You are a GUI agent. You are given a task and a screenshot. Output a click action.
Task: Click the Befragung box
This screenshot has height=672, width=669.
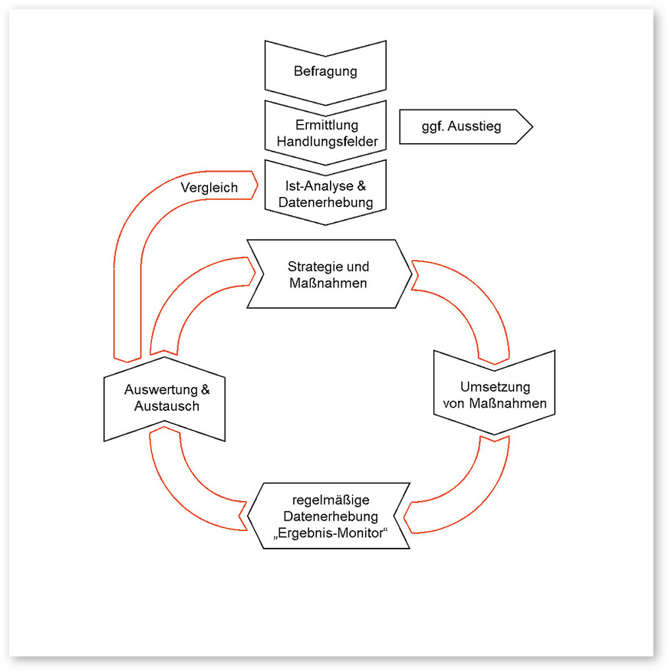[325, 72]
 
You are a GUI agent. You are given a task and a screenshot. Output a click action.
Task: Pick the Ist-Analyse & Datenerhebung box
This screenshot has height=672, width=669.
[325, 194]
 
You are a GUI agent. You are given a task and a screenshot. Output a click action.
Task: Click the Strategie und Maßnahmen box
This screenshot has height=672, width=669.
[328, 274]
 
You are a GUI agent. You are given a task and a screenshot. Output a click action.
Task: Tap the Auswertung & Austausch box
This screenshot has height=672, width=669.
[163, 398]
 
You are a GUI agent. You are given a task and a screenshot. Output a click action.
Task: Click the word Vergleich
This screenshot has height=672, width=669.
[209, 187]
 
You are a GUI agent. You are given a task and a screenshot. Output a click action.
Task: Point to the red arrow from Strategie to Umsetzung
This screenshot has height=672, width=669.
[476, 306]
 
